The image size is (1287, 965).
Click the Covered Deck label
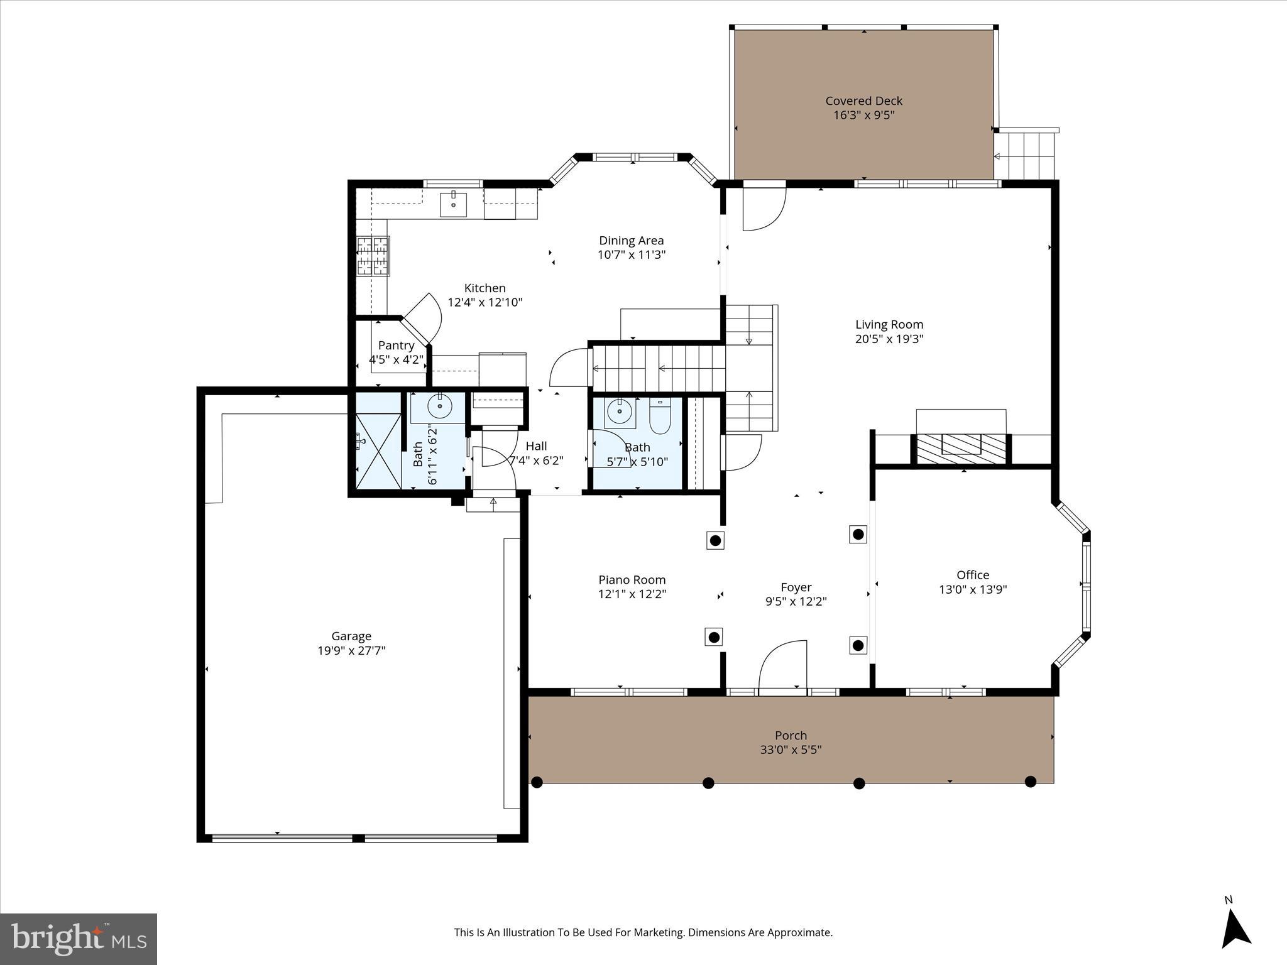[x=863, y=101]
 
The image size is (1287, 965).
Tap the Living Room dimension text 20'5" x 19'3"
[x=889, y=339]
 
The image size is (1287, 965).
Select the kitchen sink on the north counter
[x=453, y=204]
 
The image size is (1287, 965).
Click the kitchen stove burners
[x=373, y=256]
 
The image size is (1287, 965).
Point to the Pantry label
[x=396, y=346]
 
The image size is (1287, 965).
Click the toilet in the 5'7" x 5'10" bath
[x=660, y=417]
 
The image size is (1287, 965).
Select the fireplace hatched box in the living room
[x=961, y=447]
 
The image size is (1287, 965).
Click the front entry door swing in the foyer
[x=783, y=666]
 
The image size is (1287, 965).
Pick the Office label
[x=972, y=575]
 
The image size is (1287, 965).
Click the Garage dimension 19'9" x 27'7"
[x=351, y=651]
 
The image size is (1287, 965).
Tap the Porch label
[x=791, y=735]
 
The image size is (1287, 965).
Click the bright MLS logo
[x=79, y=939]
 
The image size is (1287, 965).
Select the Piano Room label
[x=632, y=580]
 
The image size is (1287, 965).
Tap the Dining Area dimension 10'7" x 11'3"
[x=631, y=255]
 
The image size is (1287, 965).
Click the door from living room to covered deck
[x=764, y=207]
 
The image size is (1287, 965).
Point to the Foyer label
[x=796, y=587]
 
